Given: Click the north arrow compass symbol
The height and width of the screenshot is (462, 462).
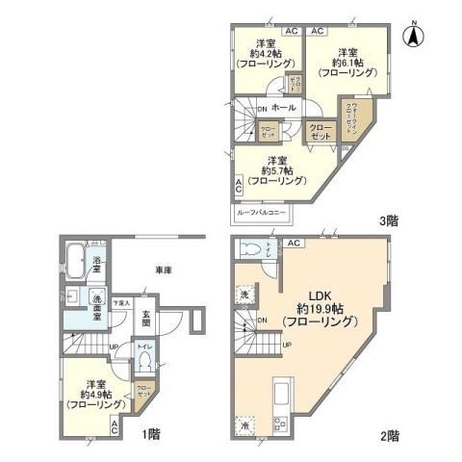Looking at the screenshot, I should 415,35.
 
